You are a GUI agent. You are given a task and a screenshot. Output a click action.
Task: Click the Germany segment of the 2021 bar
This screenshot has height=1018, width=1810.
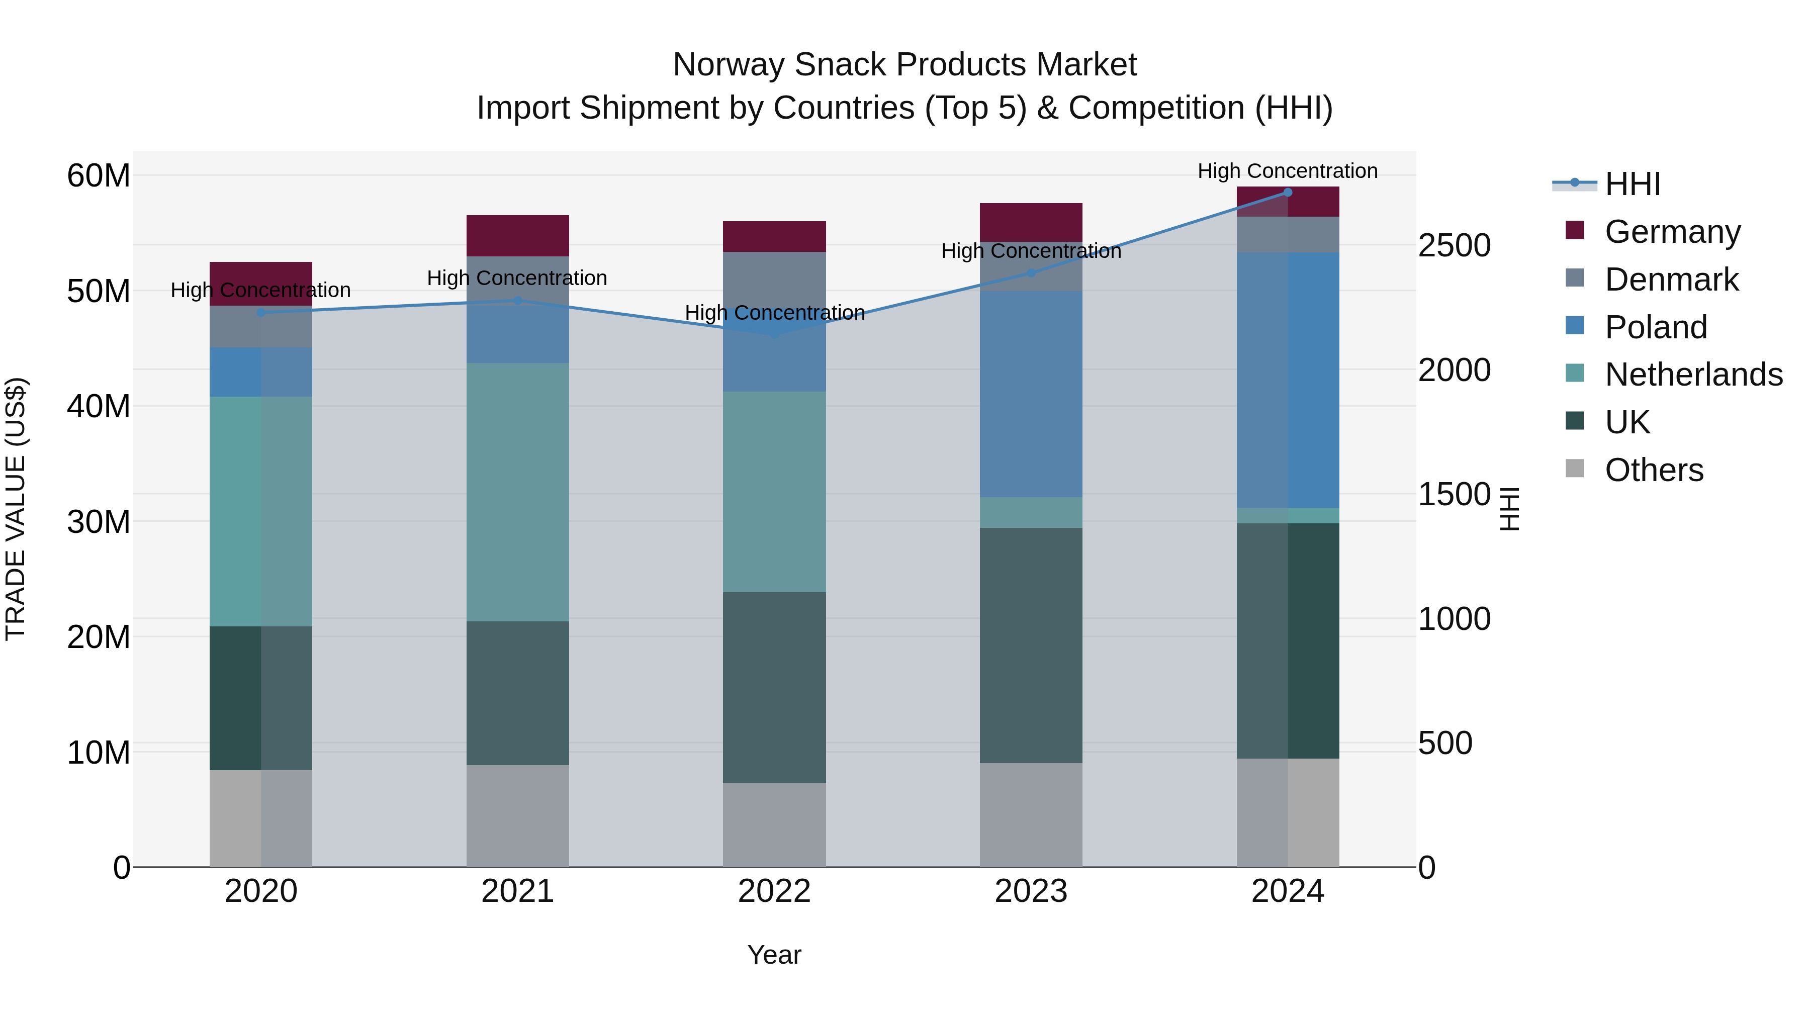(517, 235)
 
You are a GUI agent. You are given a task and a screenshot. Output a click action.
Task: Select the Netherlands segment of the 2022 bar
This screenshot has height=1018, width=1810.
(774, 491)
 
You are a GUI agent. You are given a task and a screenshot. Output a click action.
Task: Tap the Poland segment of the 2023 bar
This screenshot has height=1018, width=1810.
(1031, 394)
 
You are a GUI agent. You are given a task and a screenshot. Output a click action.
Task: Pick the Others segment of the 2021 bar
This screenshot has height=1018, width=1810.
(517, 815)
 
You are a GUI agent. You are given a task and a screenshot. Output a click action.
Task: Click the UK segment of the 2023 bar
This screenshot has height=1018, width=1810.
(1031, 645)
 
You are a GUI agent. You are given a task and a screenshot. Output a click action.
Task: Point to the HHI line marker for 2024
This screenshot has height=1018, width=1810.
(1287, 192)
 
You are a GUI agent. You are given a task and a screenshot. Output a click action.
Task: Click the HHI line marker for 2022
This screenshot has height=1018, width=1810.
(774, 334)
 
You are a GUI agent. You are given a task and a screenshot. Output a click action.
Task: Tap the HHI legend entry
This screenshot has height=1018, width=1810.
(1632, 184)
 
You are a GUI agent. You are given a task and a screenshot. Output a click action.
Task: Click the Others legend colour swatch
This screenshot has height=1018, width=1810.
(1575, 469)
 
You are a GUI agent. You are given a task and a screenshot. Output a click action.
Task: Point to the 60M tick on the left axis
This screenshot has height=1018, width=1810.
(99, 175)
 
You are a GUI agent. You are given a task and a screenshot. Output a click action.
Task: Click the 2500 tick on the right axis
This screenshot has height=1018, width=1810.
(1454, 245)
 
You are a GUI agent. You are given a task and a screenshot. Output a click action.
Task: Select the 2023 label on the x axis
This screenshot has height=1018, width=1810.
(1031, 891)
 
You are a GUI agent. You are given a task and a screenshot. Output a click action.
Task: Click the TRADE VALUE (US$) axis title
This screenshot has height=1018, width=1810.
(16, 509)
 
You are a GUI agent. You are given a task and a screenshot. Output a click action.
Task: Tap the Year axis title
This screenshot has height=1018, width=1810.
(774, 955)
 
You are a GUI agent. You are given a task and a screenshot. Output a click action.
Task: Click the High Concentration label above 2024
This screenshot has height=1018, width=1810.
(1287, 171)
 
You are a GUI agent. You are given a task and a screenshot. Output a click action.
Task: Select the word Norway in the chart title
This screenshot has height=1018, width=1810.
(728, 65)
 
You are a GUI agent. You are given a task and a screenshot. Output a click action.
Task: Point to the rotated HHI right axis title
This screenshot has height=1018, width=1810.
(1508, 509)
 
